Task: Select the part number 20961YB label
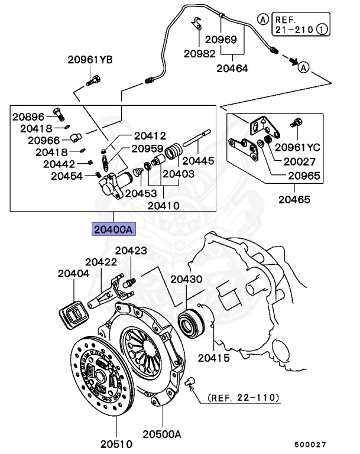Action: [x=90, y=60]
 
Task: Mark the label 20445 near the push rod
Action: [x=197, y=160]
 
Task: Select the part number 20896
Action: [x=28, y=116]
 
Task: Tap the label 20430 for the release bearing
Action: [x=187, y=279]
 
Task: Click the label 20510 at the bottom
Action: [x=115, y=442]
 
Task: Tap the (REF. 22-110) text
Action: [x=243, y=398]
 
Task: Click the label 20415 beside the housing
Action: [x=213, y=357]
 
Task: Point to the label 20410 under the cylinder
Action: [x=163, y=206]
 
